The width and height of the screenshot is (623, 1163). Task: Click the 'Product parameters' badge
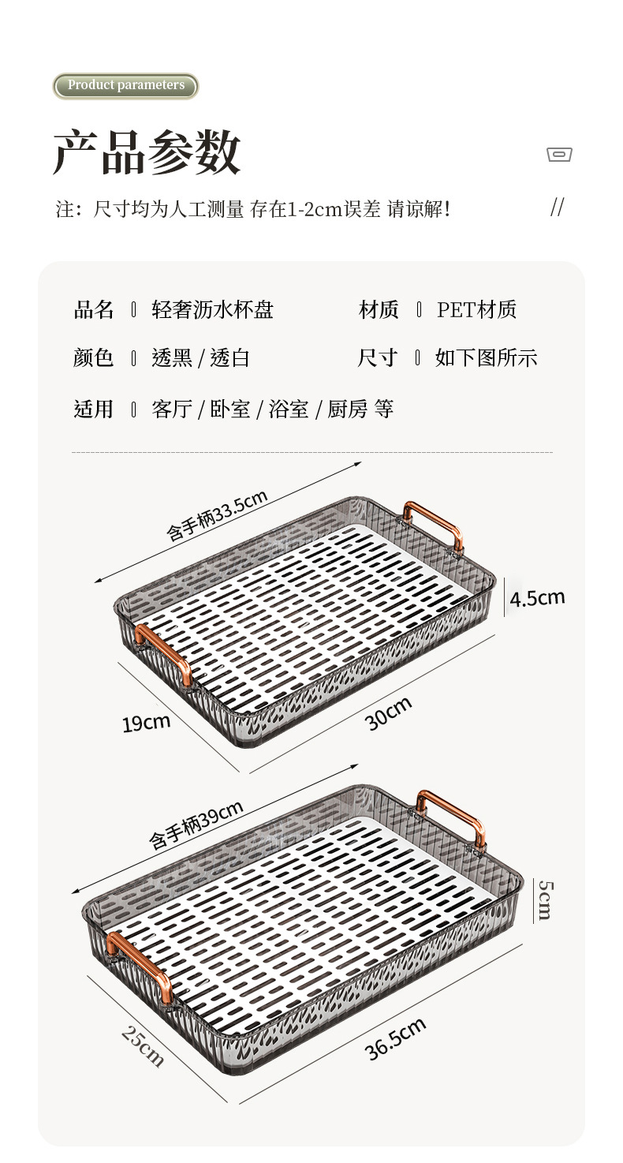pos(125,85)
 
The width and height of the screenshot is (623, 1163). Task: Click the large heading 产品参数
pos(147,151)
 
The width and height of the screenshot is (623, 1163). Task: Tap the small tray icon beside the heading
pos(559,155)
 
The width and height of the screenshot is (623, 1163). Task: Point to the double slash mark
pos(557,208)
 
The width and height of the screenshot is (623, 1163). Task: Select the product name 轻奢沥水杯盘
pos(212,310)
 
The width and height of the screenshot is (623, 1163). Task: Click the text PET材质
pos(476,310)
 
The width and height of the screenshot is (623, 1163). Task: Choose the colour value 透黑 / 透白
pos(200,358)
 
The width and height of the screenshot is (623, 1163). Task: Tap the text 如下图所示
pos(486,358)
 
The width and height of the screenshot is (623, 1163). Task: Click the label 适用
pos(93,409)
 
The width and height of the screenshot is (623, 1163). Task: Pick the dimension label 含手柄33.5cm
pos(217,514)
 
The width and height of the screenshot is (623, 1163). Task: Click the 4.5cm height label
pos(537,598)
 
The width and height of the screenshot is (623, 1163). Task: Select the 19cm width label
pos(146,721)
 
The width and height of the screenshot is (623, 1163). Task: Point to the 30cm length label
pos(388,713)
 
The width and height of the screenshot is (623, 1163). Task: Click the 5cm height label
pos(545,900)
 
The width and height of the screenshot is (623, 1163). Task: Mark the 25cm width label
pos(143,1045)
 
